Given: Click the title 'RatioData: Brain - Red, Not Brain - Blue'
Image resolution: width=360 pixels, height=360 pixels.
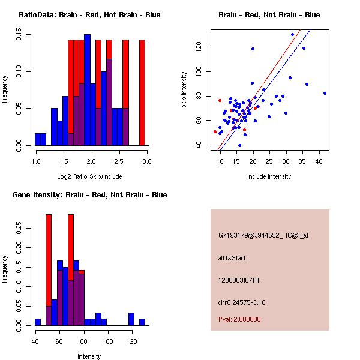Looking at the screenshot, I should [x=89, y=14].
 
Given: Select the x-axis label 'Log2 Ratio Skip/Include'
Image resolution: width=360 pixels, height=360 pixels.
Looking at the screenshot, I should [x=91, y=176].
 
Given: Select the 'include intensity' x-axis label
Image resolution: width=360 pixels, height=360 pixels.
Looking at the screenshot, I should [x=269, y=176].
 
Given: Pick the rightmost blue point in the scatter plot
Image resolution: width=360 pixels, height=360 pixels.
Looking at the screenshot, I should [x=325, y=93].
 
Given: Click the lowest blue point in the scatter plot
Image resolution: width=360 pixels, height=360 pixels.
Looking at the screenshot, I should [x=239, y=145].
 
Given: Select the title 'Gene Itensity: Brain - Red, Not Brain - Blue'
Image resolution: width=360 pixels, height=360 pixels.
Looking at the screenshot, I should [x=89, y=195].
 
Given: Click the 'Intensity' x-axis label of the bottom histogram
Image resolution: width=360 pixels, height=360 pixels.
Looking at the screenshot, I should [x=89, y=356].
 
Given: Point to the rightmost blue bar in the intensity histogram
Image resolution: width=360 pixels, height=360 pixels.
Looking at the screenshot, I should [x=142, y=322].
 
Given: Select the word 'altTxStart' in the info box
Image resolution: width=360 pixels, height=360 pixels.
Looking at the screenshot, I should [x=232, y=258].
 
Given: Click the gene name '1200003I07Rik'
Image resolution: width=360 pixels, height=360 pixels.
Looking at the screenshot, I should [x=239, y=280].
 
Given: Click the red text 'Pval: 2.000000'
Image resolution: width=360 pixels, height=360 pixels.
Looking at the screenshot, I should [x=239, y=319].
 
